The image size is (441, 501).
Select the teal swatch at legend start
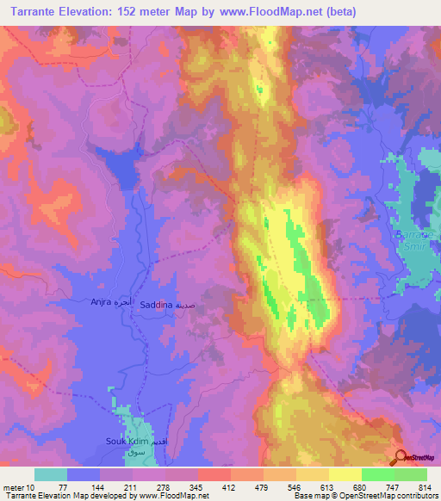(51, 474)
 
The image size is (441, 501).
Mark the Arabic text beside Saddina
(190, 306)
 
